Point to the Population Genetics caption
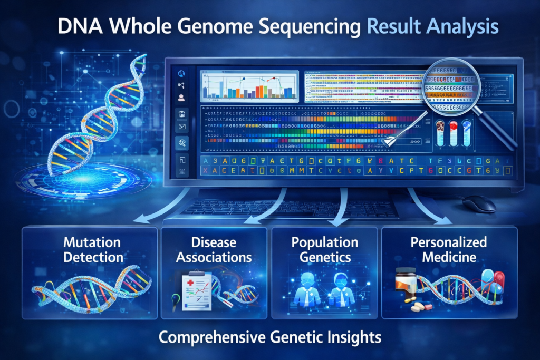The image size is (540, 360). (324, 250)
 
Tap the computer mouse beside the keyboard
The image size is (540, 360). (479, 203)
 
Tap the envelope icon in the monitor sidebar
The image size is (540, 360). (181, 127)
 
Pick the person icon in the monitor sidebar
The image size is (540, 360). (181, 98)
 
